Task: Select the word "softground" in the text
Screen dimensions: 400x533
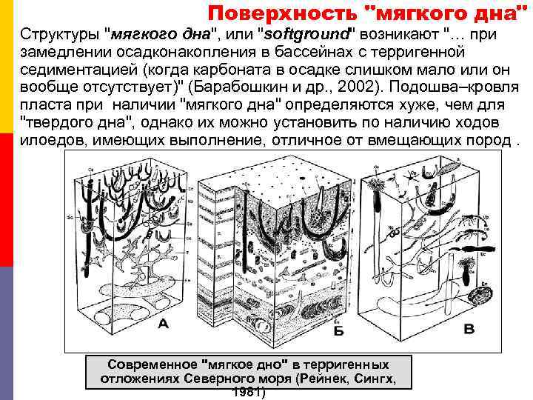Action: pos(306,35)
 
